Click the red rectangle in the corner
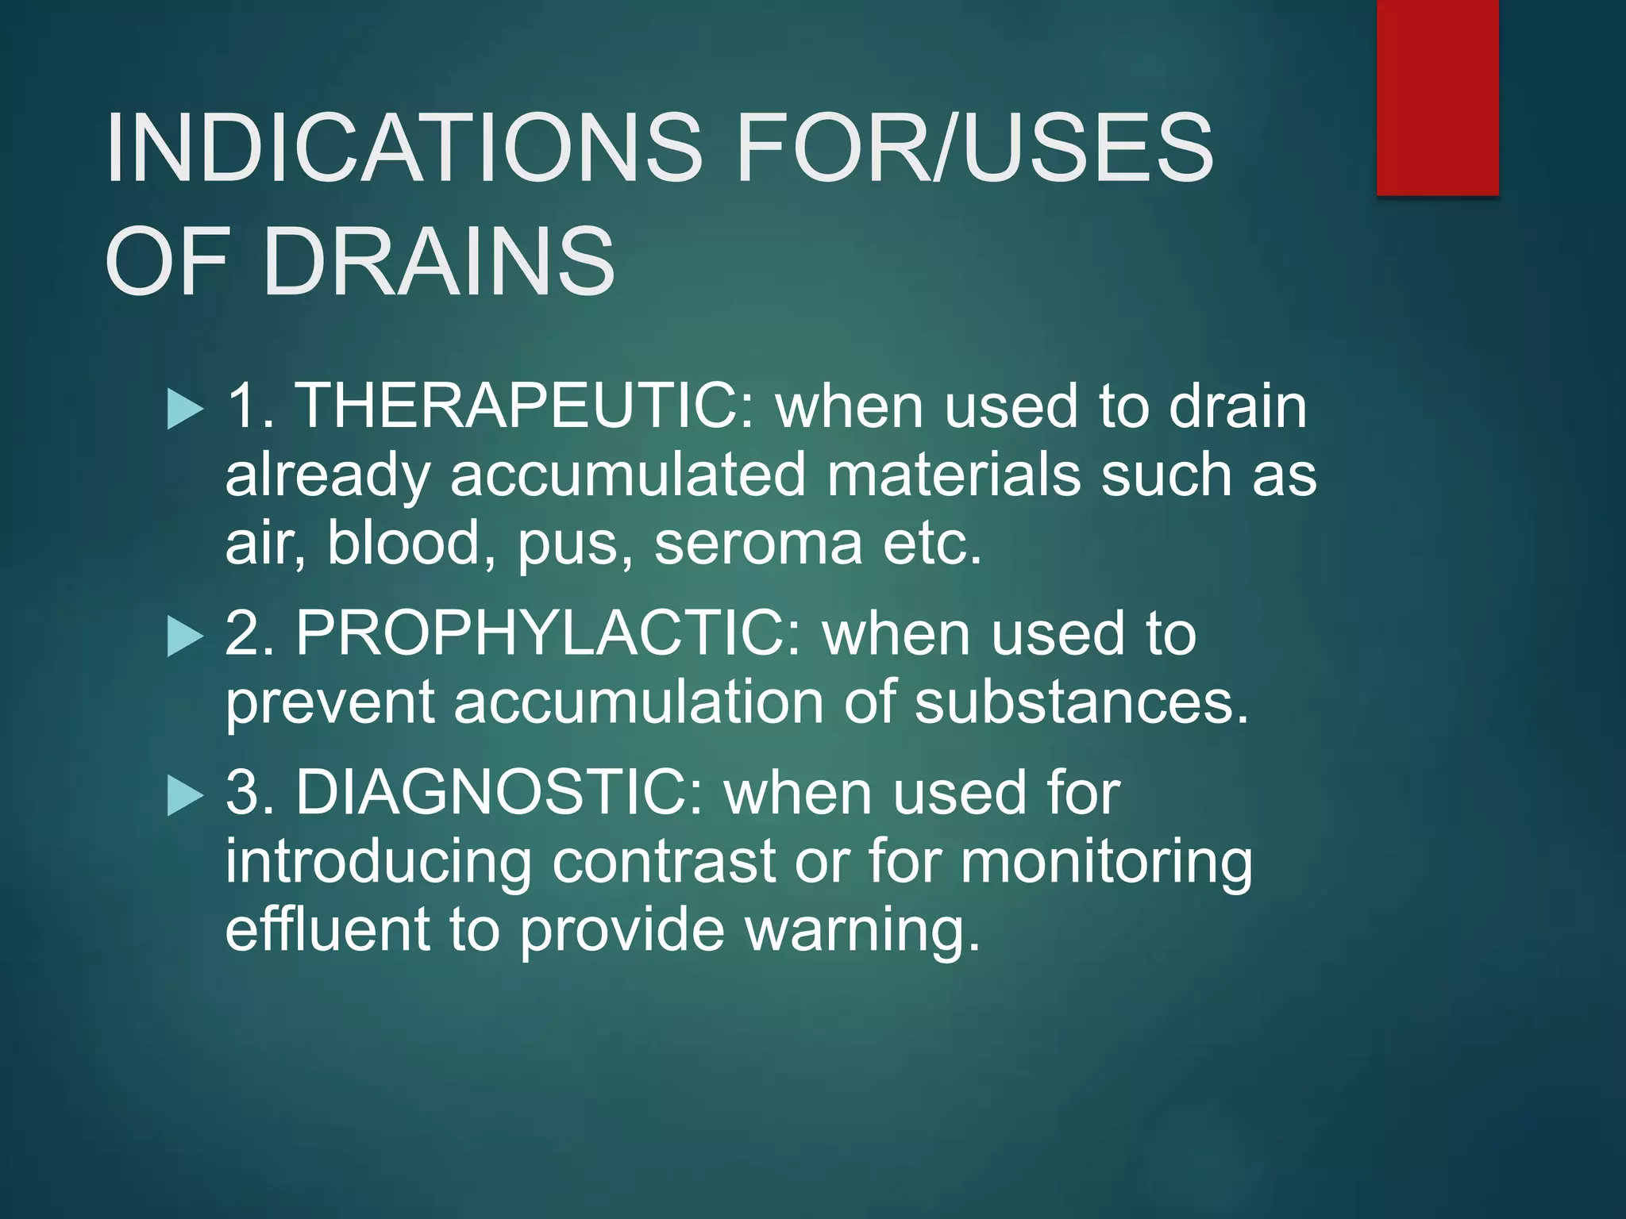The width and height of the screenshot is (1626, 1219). [1437, 97]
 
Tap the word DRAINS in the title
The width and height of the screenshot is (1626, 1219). [438, 262]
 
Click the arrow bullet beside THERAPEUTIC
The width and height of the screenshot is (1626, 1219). [186, 410]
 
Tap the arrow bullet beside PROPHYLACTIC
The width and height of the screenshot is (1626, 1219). [186, 637]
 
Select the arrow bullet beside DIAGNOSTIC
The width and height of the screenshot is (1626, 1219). [186, 796]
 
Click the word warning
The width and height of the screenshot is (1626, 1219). [862, 931]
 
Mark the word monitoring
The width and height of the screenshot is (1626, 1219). [1107, 863]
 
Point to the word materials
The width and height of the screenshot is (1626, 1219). [954, 475]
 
